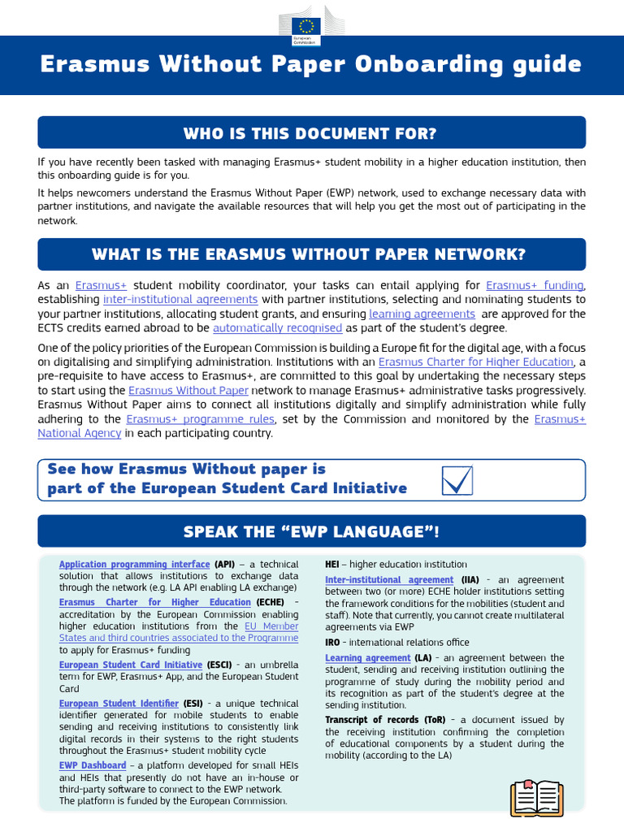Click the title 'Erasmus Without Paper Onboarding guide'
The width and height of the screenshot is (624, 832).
311,65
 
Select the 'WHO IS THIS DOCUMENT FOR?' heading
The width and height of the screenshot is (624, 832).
311,132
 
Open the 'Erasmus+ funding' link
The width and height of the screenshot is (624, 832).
534,285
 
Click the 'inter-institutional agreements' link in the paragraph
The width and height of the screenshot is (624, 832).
180,299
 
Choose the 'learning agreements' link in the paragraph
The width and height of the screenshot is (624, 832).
422,314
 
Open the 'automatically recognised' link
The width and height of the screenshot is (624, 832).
277,327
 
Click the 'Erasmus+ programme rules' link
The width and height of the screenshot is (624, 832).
201,418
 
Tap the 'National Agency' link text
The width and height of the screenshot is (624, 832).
80,433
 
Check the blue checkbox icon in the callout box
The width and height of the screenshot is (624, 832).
457,480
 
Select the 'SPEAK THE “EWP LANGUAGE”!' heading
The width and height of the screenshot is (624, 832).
311,531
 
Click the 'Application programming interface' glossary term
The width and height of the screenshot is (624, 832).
134,564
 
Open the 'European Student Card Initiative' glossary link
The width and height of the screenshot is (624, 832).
131,665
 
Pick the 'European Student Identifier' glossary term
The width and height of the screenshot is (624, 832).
119,703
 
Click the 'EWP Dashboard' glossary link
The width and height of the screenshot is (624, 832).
93,765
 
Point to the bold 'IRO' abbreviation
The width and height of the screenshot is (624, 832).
332,642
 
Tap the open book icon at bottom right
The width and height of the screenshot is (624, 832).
536,797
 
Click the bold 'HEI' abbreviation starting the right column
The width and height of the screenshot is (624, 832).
332,564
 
